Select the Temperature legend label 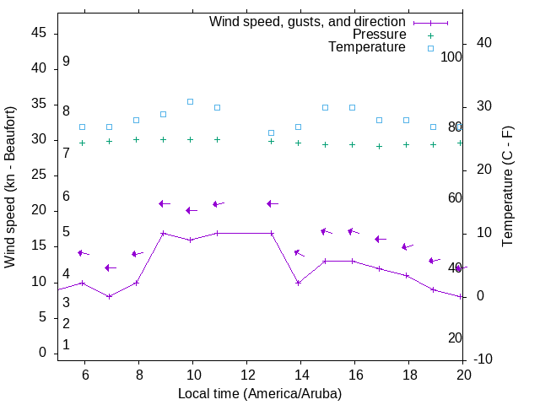(367, 47)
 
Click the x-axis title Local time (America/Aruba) (260, 393)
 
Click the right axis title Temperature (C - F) (507, 187)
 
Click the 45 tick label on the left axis (39, 33)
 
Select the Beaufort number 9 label (66, 62)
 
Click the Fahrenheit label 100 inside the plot (452, 57)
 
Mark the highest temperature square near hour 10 (190, 101)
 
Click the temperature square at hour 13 (271, 132)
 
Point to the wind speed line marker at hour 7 (109, 296)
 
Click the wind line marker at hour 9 (163, 233)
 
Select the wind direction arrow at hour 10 (191, 210)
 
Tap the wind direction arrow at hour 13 (272, 203)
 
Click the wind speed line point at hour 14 (298, 283)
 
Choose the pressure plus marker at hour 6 (82, 143)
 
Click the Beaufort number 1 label (66, 345)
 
